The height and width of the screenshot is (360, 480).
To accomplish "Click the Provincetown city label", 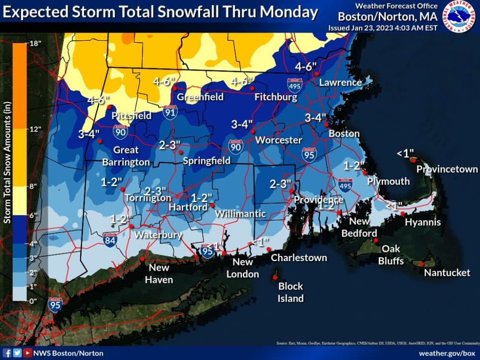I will pos(447,169).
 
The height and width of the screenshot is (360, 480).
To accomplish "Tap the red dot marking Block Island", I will pos(275,277).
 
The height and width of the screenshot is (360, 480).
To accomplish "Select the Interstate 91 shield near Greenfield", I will pos(169,112).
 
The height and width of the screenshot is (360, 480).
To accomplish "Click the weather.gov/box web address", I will pos(446,353).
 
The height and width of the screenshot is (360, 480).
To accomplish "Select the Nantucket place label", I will pos(447,273).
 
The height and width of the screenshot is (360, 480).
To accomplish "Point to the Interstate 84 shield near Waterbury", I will pos(109,240).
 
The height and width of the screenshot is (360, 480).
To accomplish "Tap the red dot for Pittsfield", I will pos(109,107).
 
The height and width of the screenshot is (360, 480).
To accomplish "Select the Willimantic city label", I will pos(241,213).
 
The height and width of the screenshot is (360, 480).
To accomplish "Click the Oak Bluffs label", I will pos(391,255).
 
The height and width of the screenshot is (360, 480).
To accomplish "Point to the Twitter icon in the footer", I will pos(17,353).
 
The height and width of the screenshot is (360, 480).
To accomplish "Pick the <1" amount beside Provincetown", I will pos(405,154).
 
